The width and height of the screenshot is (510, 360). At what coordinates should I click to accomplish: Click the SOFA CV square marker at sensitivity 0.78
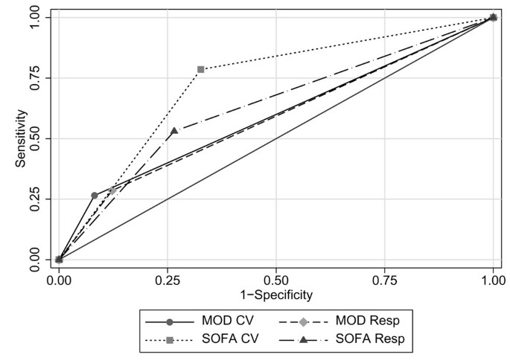[x=201, y=69]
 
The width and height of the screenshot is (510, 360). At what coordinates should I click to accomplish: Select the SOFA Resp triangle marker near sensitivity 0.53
[x=174, y=131]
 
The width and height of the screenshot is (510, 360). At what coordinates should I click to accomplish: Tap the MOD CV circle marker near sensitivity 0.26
[x=95, y=196]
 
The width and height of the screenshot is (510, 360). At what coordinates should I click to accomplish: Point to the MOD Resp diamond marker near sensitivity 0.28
[x=113, y=190]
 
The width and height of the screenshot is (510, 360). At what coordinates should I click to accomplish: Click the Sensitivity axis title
[x=22, y=138]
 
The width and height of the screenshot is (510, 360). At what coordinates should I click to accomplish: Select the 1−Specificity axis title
[x=276, y=295]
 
